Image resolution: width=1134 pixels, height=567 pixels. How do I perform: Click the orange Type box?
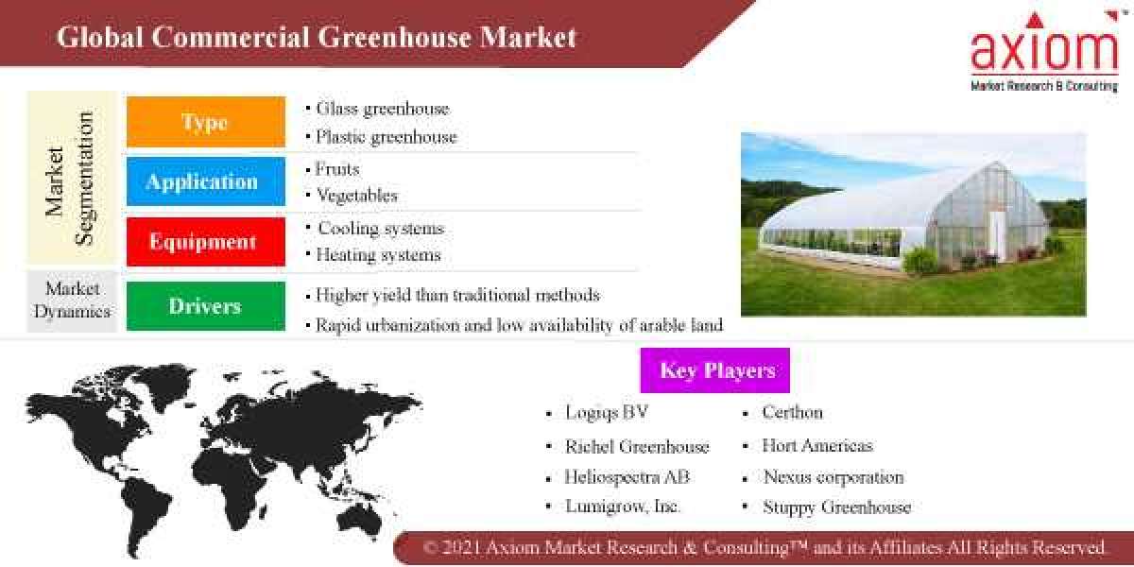point(205,122)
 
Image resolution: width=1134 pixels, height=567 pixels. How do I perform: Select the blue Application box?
point(205,181)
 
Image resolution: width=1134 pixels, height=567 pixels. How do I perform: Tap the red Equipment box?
point(205,241)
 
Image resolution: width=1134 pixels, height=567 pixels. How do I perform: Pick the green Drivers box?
point(205,306)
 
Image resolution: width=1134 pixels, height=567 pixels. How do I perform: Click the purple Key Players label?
point(715,370)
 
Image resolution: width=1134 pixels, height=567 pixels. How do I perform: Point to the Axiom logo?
point(1044,52)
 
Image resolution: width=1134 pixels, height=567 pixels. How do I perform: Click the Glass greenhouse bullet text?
point(382,109)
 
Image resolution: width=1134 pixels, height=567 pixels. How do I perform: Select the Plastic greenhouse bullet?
point(386,137)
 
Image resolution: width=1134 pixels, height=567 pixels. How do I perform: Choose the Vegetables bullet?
point(355,196)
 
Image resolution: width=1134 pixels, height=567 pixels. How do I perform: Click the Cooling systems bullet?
point(380,229)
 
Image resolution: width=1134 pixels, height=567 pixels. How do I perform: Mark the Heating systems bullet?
point(378,255)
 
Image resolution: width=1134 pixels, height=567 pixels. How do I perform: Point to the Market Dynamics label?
point(72,300)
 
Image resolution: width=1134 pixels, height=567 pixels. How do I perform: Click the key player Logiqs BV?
point(607,413)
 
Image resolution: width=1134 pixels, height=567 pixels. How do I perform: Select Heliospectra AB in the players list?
point(627,477)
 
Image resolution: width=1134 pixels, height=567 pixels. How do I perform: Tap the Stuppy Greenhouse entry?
point(836,507)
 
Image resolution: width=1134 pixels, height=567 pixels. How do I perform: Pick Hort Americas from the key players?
point(817,445)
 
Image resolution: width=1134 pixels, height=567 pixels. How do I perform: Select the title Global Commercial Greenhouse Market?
point(317,38)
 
